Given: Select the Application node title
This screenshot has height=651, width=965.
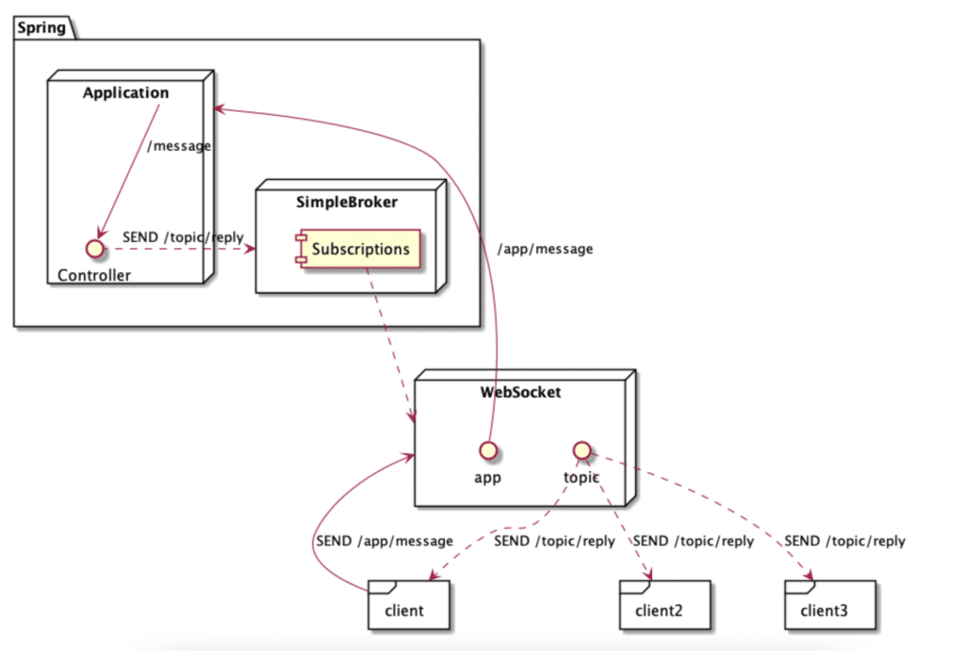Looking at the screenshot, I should [x=125, y=92].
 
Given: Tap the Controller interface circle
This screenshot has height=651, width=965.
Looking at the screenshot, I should [x=93, y=250].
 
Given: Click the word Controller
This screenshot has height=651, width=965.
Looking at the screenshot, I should [x=94, y=275].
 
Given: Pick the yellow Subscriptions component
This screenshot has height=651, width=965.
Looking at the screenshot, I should [x=357, y=250].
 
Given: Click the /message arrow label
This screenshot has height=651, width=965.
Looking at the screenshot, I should [x=179, y=146].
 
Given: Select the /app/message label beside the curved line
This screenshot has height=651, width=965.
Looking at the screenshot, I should [x=546, y=249].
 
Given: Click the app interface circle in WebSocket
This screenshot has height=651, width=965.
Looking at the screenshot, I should [x=487, y=449].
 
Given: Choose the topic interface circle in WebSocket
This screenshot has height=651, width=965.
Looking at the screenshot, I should [x=581, y=449].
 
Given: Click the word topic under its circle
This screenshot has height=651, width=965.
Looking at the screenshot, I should [x=581, y=477].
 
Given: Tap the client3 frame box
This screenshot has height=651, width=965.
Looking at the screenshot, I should [x=829, y=605].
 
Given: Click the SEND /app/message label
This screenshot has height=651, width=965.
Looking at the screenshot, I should [x=384, y=541].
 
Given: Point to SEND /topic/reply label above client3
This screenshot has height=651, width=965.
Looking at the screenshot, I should [x=844, y=541].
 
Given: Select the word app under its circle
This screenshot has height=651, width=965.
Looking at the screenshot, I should [x=486, y=477].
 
